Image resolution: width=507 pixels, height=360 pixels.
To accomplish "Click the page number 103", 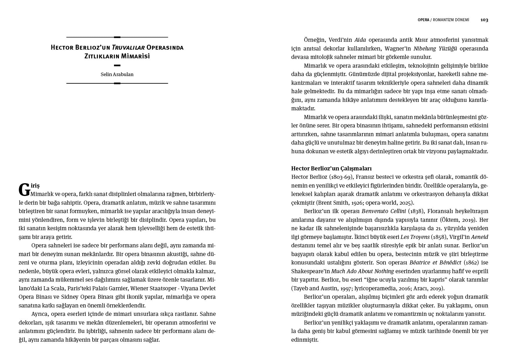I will (x=484, y=20).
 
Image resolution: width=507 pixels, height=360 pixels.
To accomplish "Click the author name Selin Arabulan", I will (x=117, y=74).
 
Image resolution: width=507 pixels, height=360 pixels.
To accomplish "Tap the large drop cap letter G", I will (x=24, y=190).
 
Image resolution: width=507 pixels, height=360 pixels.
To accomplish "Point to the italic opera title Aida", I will (x=360, y=40).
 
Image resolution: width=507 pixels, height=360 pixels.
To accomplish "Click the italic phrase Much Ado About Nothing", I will (x=362, y=271).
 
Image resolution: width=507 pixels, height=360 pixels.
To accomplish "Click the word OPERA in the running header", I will (x=423, y=20).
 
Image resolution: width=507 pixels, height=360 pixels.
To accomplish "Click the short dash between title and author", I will (x=117, y=65).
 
